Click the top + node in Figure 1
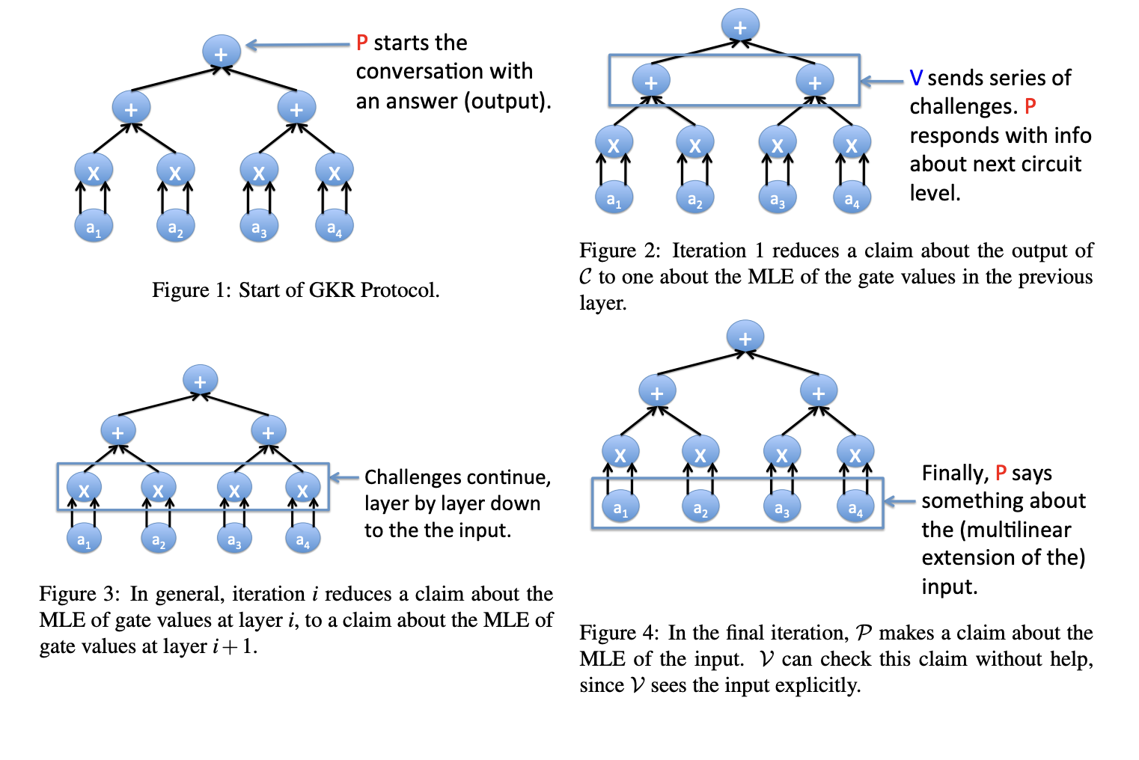tap(221, 52)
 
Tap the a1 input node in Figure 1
tap(94, 227)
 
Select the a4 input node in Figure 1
tap(334, 227)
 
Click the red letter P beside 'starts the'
tap(362, 43)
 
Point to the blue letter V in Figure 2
tap(916, 78)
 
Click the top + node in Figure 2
tap(740, 26)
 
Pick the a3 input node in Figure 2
tap(778, 199)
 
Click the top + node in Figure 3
tap(200, 381)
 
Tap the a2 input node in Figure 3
tap(159, 539)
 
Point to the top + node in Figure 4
tap(745, 337)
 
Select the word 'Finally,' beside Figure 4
tap(955, 474)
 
